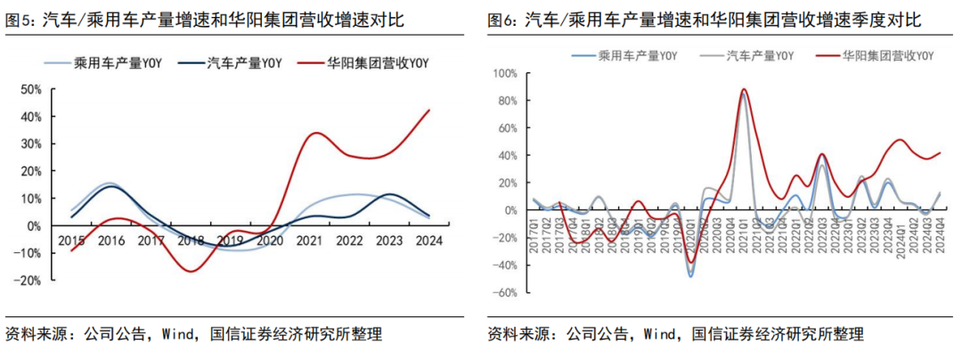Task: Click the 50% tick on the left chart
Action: click(x=30, y=89)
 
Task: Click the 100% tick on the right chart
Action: click(x=504, y=72)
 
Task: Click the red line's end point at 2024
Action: click(x=430, y=110)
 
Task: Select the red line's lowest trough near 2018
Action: click(x=190, y=271)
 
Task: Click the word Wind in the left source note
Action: click(x=178, y=335)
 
